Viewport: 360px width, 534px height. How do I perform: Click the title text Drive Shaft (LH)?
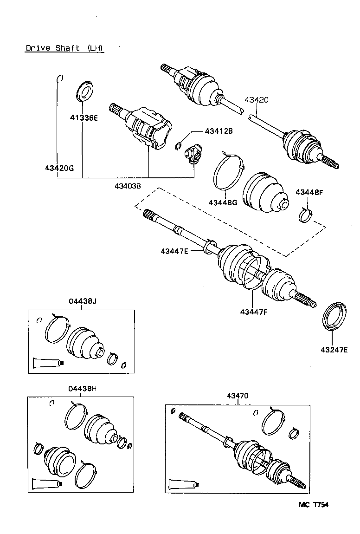tap(64, 48)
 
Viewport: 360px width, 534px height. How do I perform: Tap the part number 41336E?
tap(84, 118)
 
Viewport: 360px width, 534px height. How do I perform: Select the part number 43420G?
tap(59, 168)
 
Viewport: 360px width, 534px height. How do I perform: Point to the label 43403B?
tap(128, 186)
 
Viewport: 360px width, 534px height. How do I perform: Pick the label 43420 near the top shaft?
tap(257, 100)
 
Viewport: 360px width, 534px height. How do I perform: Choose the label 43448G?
tap(223, 202)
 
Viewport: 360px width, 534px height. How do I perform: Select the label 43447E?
tap(174, 251)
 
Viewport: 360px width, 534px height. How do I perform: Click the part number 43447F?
tap(254, 312)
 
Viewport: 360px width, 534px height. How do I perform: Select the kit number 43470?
tap(238, 396)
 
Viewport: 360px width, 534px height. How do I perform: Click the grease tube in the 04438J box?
tap(48, 362)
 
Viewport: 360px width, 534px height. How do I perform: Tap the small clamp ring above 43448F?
tap(305, 215)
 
